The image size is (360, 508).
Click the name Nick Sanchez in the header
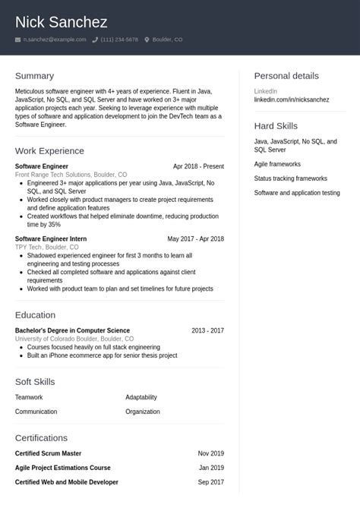coord(61,22)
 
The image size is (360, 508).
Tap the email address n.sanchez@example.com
coord(54,39)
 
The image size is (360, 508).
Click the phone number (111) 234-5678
coord(119,39)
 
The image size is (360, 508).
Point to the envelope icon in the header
coord(17,39)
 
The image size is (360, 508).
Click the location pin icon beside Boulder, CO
coord(147,39)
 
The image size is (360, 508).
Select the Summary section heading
coord(34,76)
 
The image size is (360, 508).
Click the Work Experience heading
coord(49,150)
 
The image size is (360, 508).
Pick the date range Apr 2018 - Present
coord(198,166)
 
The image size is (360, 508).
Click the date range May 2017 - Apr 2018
coord(195,238)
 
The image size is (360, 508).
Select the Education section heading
coord(35,315)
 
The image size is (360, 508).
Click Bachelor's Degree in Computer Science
coord(72,331)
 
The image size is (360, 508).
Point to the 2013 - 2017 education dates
coord(207,331)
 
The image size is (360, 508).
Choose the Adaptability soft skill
coord(141,397)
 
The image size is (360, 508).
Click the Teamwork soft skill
coord(29,397)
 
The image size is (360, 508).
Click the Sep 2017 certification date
coord(211,482)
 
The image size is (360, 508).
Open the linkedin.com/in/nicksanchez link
coord(292,99)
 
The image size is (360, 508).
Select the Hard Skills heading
coord(276,126)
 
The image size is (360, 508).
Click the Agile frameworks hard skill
coord(277,164)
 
